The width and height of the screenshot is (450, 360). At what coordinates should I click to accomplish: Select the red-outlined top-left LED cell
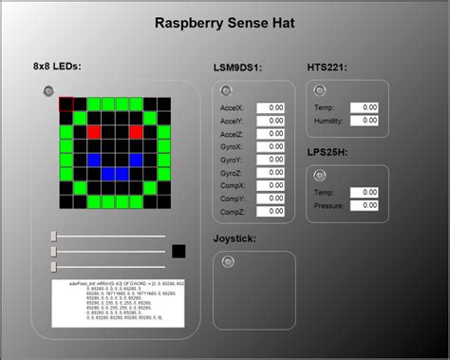pos(66,104)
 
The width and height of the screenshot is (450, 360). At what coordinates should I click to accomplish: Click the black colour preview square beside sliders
pos(178,251)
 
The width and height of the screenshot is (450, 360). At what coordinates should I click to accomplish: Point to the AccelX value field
pos(271,107)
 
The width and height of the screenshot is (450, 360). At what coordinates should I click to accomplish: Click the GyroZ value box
pos(271,172)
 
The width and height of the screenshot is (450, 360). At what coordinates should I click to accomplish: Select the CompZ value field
pos(271,211)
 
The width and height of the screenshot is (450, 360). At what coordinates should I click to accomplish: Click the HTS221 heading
pos(327,67)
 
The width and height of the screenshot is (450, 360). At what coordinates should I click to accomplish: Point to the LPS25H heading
pos(328,152)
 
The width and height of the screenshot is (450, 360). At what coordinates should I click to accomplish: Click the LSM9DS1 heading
pos(237,67)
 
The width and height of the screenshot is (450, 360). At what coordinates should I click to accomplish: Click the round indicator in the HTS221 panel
pos(320,90)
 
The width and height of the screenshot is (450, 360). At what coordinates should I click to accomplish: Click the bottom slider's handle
pos(54,265)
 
